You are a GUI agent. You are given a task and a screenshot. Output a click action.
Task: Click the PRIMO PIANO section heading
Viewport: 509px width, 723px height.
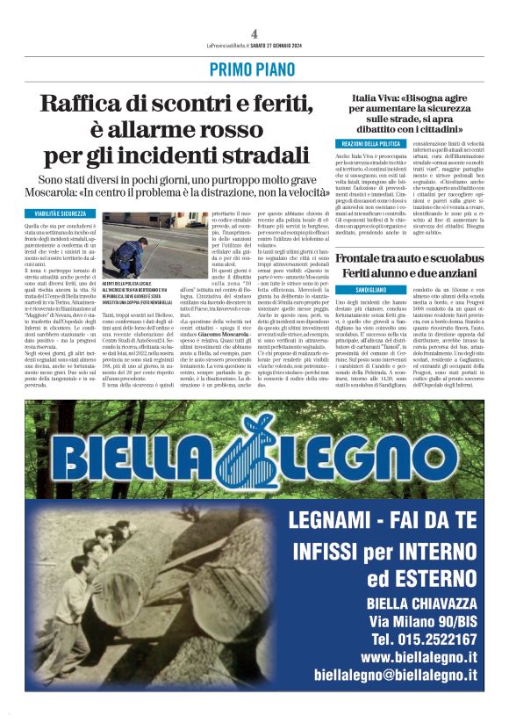coord(254,69)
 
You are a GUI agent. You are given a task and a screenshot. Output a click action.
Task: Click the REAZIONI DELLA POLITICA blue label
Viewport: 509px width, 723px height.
coord(370,143)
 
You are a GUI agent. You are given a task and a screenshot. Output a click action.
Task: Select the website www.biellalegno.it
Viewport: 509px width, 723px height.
coord(419,656)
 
